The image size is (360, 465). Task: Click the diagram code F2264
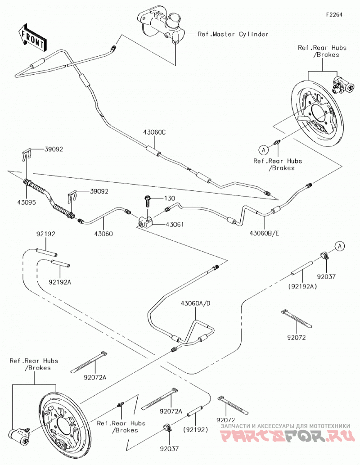click(334, 14)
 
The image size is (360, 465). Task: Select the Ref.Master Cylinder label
click(233, 34)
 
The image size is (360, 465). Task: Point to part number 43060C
click(154, 132)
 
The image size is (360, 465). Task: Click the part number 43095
click(26, 203)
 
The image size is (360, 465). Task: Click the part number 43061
click(175, 225)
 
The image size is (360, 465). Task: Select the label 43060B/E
click(264, 233)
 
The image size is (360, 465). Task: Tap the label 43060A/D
click(196, 303)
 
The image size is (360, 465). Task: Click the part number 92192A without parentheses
click(60, 282)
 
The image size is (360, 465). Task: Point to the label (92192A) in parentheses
click(302, 286)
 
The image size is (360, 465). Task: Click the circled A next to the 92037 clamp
click(340, 246)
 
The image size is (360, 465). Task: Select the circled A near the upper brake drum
click(263, 150)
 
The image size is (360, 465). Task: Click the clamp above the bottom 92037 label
click(167, 428)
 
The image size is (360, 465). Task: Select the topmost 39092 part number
click(54, 149)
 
